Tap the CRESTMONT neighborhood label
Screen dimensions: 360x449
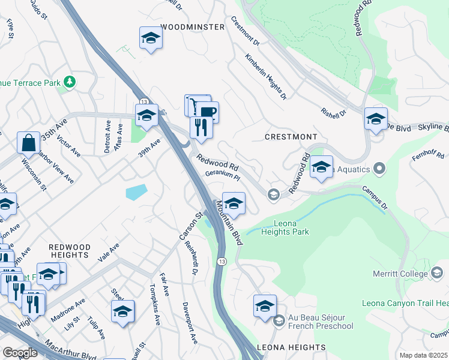[291, 137]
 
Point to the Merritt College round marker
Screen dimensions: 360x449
[436, 274]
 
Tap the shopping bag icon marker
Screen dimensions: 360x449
[28, 143]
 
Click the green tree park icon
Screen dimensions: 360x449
[71, 81]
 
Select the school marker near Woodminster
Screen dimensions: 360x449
[151, 39]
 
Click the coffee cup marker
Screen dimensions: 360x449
[208, 112]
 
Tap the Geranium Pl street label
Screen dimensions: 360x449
[223, 176]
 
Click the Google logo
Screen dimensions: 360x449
[20, 353]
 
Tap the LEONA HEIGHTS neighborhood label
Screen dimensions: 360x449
[291, 347]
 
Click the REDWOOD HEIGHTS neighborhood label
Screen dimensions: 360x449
[69, 251]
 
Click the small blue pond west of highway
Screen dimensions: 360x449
[136, 192]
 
